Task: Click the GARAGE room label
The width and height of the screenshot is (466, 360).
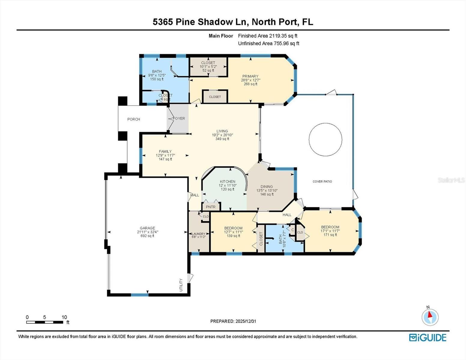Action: pos(147,228)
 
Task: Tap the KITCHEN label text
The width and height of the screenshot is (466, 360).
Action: pos(227,181)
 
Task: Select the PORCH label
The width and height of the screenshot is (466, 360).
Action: pos(134,119)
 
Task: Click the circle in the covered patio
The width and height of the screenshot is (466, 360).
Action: pos(325,139)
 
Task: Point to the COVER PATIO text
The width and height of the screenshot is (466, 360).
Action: pos(322,181)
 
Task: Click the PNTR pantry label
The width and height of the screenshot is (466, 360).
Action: pos(211,207)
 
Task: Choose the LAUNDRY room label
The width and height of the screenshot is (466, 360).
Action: pos(198,234)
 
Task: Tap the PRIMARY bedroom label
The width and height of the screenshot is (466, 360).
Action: pos(250,76)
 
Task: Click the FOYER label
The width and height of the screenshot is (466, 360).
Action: pos(179,118)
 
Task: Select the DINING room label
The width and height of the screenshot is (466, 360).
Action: pos(267,187)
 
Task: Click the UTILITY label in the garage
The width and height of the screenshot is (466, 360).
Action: pos(181,285)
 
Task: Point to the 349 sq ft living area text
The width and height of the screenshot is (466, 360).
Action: pos(222,139)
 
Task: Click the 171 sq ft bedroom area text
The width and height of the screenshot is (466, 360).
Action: pos(330,235)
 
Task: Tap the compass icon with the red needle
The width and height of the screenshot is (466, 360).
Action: pos(430,317)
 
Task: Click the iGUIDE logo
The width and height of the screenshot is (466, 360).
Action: pos(428,337)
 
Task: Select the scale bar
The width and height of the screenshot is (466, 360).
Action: pos(45,322)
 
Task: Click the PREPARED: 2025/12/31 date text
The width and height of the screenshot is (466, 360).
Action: pos(233,321)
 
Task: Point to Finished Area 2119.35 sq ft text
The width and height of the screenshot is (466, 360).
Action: pos(268,36)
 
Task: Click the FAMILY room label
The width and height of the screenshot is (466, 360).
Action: pos(165,151)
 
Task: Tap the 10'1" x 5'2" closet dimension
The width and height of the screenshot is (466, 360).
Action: pos(208,67)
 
